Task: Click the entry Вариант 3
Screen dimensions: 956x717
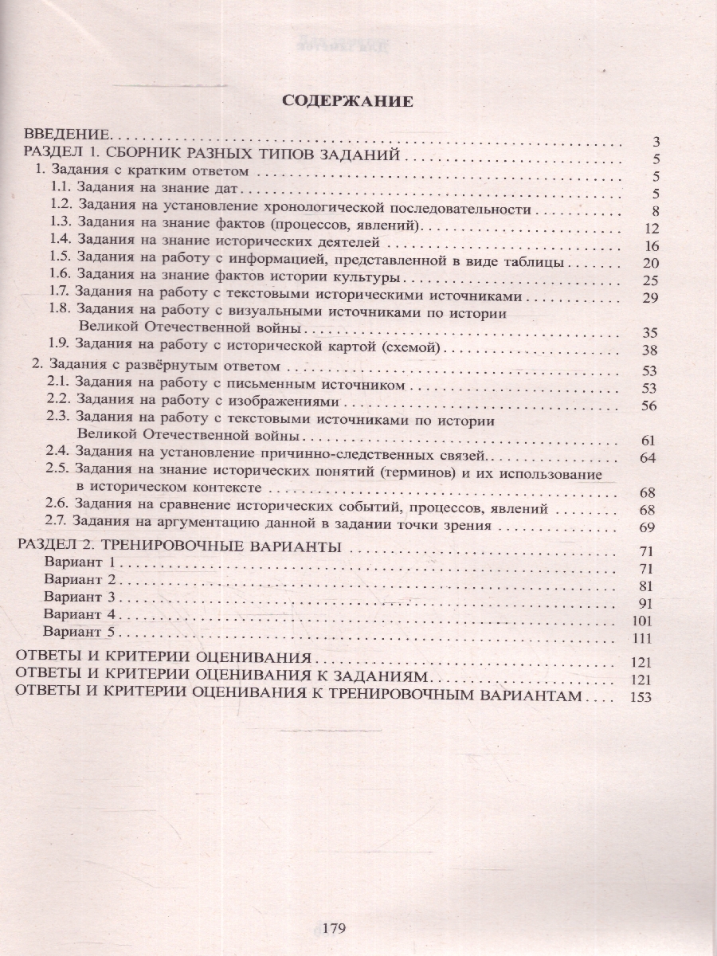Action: (x=80, y=597)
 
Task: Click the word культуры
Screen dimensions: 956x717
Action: (x=365, y=279)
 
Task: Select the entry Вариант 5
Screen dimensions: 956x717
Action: (x=80, y=633)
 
